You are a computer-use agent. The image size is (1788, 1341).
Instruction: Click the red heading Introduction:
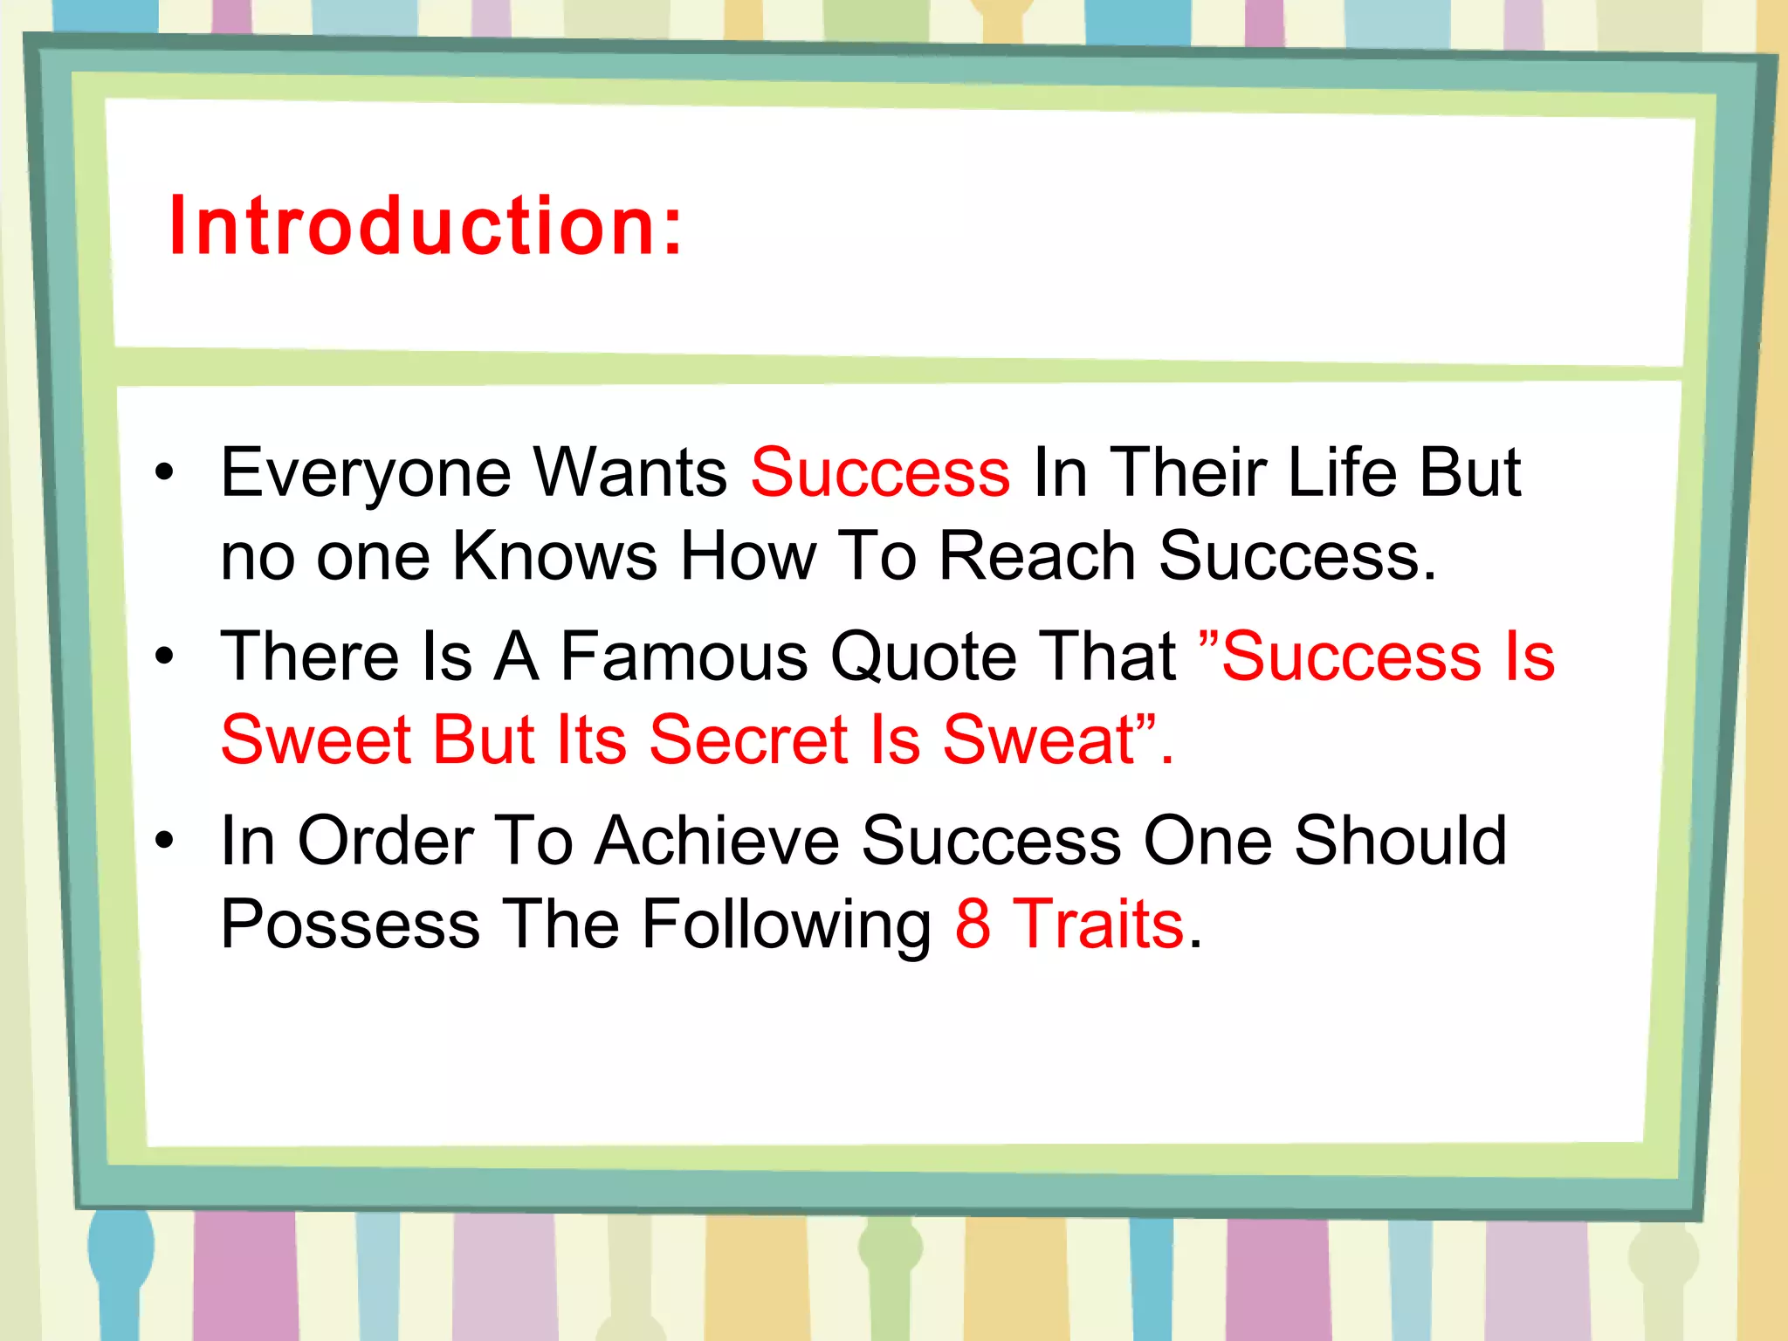pyautogui.click(x=425, y=226)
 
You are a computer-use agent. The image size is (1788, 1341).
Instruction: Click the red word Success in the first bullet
pyautogui.click(x=880, y=472)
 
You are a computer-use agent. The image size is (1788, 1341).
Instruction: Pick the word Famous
pyautogui.click(x=684, y=657)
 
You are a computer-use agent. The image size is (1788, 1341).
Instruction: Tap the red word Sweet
pyautogui.click(x=315, y=739)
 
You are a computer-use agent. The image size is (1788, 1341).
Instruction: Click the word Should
pyautogui.click(x=1399, y=840)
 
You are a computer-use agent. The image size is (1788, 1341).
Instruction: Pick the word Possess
pyautogui.click(x=350, y=924)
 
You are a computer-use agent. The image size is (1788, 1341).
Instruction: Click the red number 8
pyautogui.click(x=973, y=924)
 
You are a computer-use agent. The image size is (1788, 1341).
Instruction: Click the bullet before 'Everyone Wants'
pyautogui.click(x=164, y=473)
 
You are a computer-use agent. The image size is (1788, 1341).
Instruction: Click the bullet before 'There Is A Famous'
pyautogui.click(x=164, y=657)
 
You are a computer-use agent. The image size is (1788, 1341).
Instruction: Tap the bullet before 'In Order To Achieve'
pyautogui.click(x=164, y=841)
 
